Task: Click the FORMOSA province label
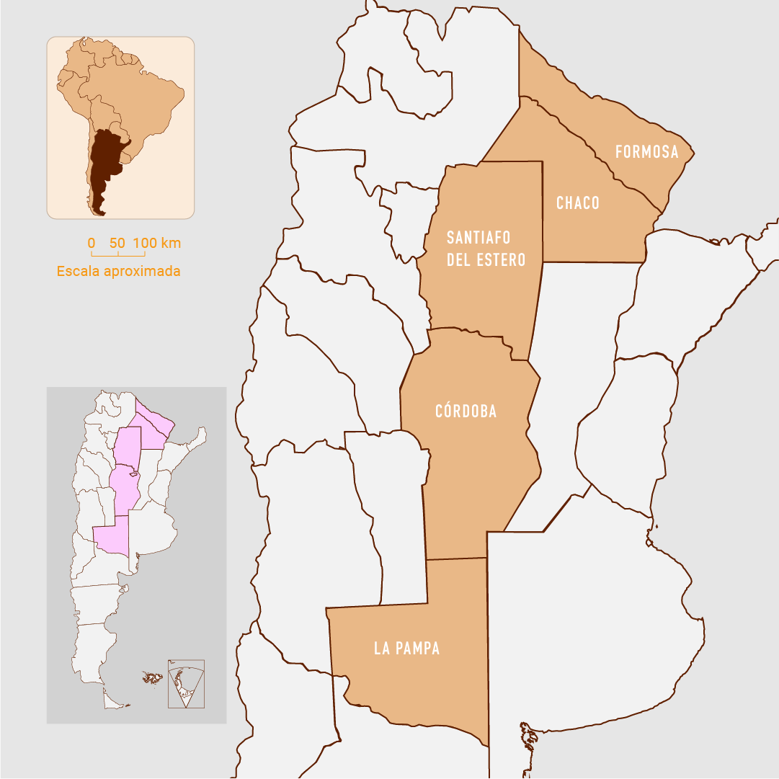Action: [x=646, y=152]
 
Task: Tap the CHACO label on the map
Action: [x=578, y=203]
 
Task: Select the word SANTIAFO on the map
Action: [x=478, y=238]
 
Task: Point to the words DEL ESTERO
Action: [x=486, y=260]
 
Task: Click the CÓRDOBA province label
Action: [x=466, y=411]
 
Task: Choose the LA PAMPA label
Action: [x=406, y=649]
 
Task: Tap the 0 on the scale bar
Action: [x=92, y=243]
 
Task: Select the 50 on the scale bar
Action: [x=117, y=243]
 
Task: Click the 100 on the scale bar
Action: [x=145, y=243]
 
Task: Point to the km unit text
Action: [x=171, y=243]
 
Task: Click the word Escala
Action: [x=78, y=272]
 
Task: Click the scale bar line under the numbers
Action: [x=118, y=254]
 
